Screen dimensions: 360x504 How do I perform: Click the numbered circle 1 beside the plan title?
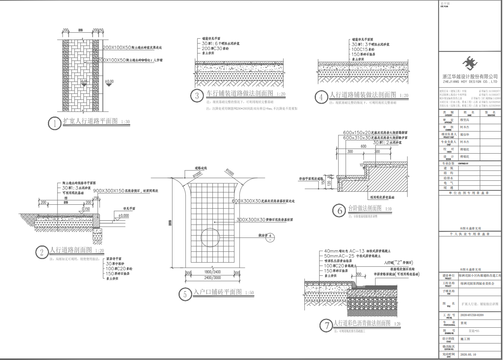click(x=55, y=123)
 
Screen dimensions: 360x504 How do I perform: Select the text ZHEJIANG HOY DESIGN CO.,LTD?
click(x=470, y=81)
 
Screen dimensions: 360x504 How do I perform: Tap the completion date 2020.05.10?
click(x=468, y=354)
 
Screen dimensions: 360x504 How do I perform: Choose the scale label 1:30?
click(x=125, y=122)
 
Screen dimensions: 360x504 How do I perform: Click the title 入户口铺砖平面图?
click(x=217, y=292)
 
